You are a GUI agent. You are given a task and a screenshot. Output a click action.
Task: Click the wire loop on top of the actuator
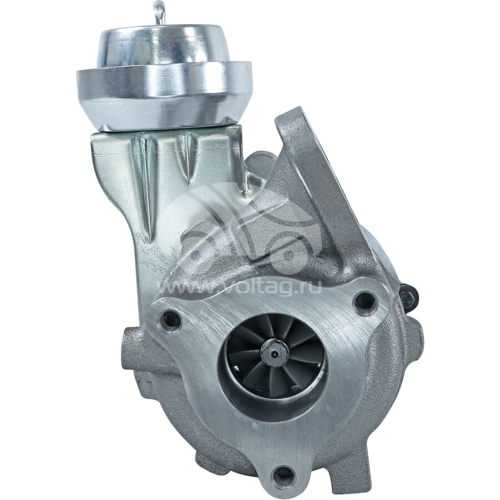(159, 13)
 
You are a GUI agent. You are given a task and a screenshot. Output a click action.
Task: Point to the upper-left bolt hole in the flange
(171, 318)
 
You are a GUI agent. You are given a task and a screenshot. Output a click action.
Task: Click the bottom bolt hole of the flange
(284, 475)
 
